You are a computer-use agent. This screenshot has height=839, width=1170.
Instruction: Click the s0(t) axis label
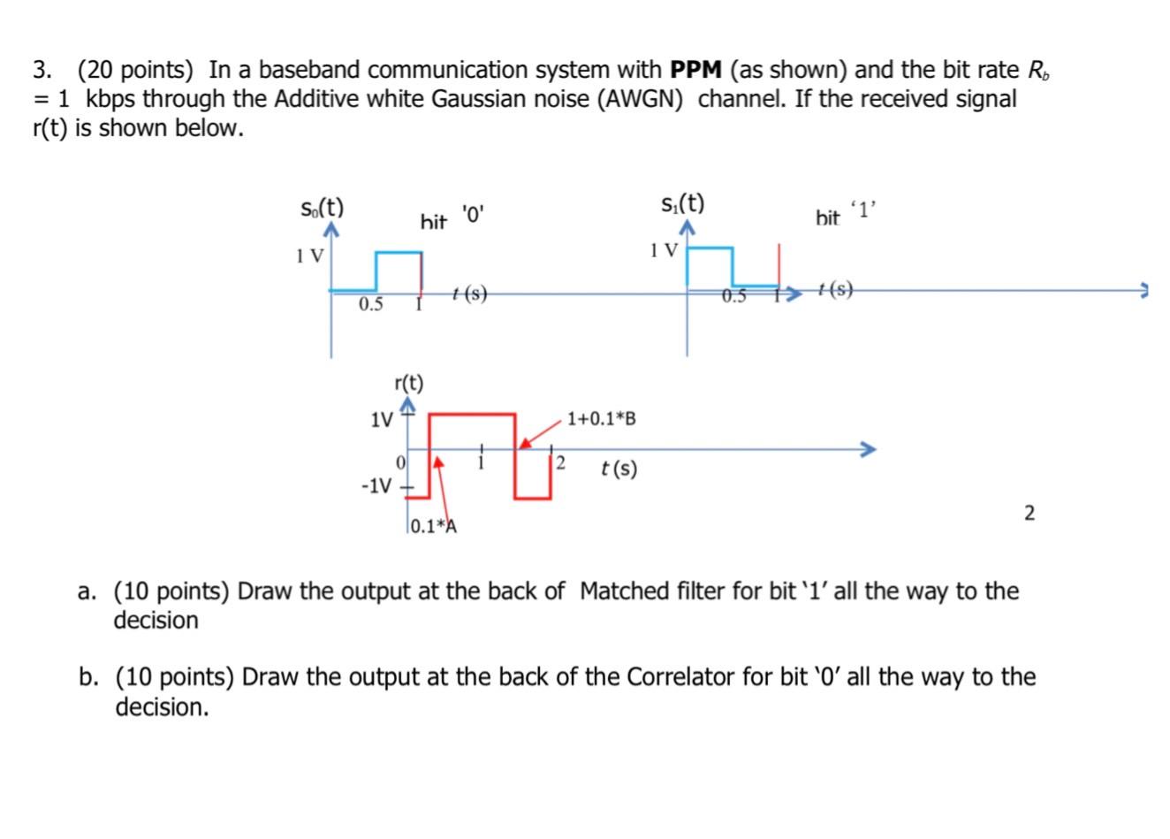[322, 209]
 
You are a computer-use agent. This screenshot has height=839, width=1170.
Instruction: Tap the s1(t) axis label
[683, 204]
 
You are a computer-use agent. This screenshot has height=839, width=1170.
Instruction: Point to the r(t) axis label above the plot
[408, 384]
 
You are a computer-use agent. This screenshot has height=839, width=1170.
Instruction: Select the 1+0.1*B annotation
[601, 418]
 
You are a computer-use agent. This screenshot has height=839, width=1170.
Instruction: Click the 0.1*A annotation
[433, 527]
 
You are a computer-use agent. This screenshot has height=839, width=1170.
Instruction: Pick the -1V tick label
[376, 486]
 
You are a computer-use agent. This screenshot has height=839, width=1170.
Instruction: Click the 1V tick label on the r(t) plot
[382, 419]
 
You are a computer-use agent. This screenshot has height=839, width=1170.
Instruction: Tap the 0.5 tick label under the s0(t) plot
[371, 305]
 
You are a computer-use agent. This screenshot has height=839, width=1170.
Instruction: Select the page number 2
[1029, 513]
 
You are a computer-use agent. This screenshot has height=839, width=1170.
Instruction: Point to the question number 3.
[40, 70]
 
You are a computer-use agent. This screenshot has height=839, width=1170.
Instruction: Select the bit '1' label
[845, 215]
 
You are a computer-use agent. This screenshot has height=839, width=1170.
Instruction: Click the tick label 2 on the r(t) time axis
[559, 464]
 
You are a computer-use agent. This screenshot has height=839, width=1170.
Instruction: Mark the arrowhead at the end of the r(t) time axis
[870, 449]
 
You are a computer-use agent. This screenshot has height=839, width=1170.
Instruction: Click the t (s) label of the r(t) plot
[619, 469]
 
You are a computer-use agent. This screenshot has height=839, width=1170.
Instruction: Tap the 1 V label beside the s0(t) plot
[310, 256]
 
